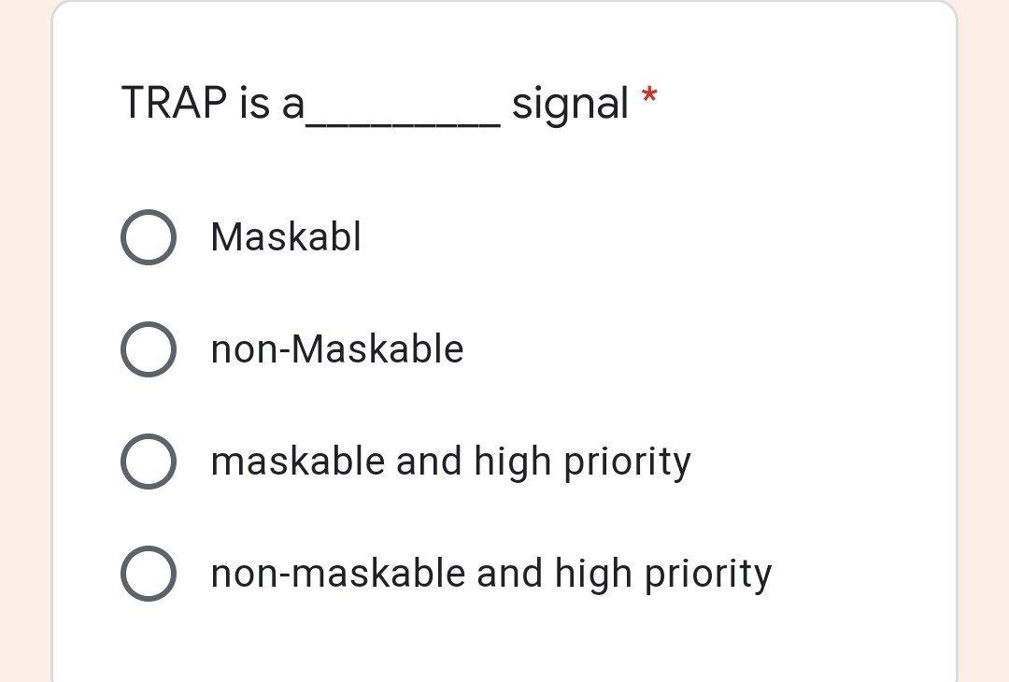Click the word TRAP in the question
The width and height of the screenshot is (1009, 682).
[174, 103]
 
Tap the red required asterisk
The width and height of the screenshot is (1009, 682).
[649, 96]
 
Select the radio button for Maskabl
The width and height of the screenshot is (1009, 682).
[148, 237]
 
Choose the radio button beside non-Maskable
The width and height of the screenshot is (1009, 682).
[148, 349]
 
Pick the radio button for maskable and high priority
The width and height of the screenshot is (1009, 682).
[148, 462]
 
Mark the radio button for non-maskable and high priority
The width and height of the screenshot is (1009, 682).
[148, 574]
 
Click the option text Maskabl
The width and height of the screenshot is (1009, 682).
[286, 237]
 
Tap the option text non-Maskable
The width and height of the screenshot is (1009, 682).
[337, 349]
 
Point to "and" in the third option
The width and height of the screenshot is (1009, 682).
[429, 462]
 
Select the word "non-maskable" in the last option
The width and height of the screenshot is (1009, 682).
[337, 574]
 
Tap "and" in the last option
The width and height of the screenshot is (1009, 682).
[509, 574]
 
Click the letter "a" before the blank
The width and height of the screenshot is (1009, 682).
[292, 105]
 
